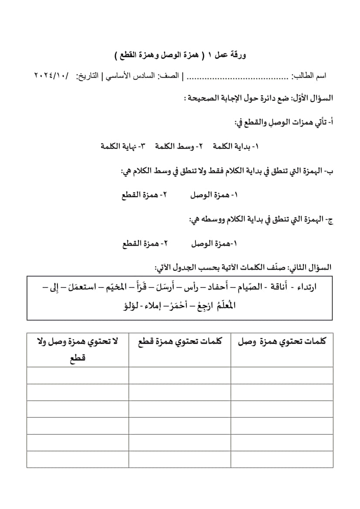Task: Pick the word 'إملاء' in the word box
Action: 159,306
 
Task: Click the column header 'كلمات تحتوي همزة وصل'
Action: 282,342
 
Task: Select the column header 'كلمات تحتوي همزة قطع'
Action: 180,342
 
